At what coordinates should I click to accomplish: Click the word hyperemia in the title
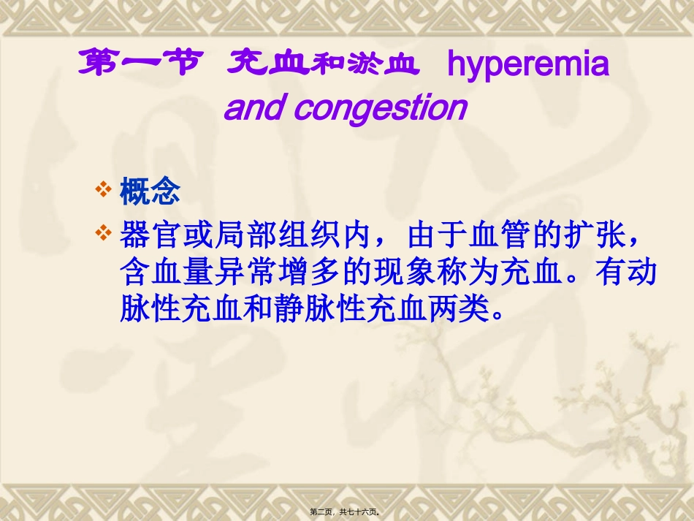(527, 65)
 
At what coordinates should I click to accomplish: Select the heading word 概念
(150, 193)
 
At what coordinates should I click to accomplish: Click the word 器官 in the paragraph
(149, 235)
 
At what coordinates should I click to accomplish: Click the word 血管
(500, 235)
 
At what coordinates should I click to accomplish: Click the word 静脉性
(324, 311)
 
